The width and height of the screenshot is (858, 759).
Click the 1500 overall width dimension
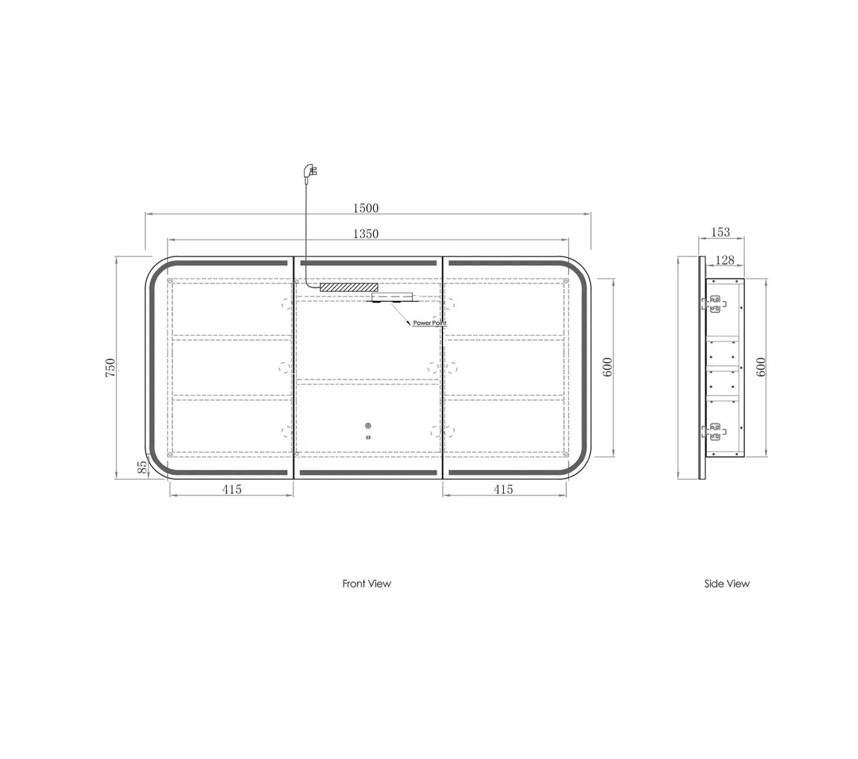click(366, 208)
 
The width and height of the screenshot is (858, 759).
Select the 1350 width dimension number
click(366, 234)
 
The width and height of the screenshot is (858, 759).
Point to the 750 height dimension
click(110, 367)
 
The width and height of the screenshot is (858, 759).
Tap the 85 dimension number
click(141, 466)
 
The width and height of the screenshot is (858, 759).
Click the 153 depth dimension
click(720, 232)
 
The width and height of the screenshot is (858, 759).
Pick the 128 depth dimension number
click(725, 260)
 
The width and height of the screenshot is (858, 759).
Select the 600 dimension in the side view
click(761, 367)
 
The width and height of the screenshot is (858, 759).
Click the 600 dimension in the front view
click(608, 367)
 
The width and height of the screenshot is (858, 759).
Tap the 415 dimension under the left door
click(232, 489)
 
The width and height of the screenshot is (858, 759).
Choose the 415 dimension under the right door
click(503, 489)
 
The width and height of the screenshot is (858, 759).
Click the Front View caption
click(366, 584)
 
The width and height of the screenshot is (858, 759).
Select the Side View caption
click(727, 584)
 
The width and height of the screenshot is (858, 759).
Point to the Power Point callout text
click(430, 323)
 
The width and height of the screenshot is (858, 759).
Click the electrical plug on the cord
click(311, 170)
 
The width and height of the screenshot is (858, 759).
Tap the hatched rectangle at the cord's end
click(348, 288)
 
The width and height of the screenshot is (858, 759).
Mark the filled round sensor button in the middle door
click(368, 426)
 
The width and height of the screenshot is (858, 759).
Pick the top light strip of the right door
click(503, 263)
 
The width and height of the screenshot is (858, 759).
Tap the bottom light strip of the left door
click(232, 472)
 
